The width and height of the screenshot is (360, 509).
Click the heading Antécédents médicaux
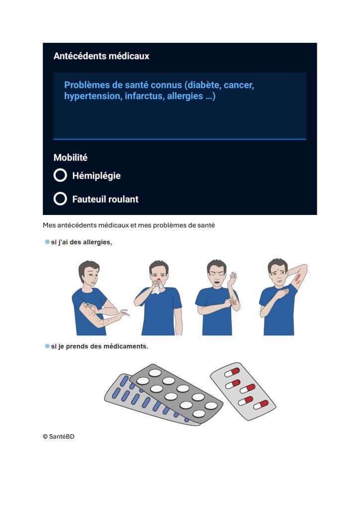[x=101, y=56]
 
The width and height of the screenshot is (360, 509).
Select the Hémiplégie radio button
[x=60, y=175]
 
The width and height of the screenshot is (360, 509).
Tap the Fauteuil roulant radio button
[x=60, y=199]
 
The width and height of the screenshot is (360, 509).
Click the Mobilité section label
[x=71, y=157]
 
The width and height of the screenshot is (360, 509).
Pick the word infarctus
[x=145, y=96]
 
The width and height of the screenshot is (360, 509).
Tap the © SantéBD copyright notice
[x=59, y=437]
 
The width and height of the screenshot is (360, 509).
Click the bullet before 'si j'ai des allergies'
[x=47, y=242]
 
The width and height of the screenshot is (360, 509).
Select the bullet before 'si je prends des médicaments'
[x=47, y=346]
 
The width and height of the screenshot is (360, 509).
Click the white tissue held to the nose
[x=158, y=287]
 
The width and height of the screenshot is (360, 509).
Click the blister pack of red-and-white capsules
[x=243, y=391]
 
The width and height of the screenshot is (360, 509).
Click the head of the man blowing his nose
[x=159, y=270]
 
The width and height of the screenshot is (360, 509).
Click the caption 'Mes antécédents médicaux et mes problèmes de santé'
[x=129, y=225]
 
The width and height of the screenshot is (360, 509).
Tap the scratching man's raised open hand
[x=232, y=279]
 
